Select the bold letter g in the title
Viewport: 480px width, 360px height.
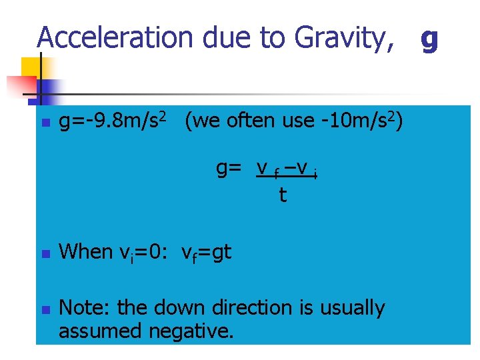[x=429, y=39]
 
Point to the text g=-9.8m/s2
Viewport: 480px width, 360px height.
[x=117, y=122]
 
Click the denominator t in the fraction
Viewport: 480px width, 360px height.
[x=283, y=195]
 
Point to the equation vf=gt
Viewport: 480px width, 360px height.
[x=207, y=253]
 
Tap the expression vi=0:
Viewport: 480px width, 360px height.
[x=146, y=253]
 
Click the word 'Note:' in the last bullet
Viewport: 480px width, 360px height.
[x=85, y=308]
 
